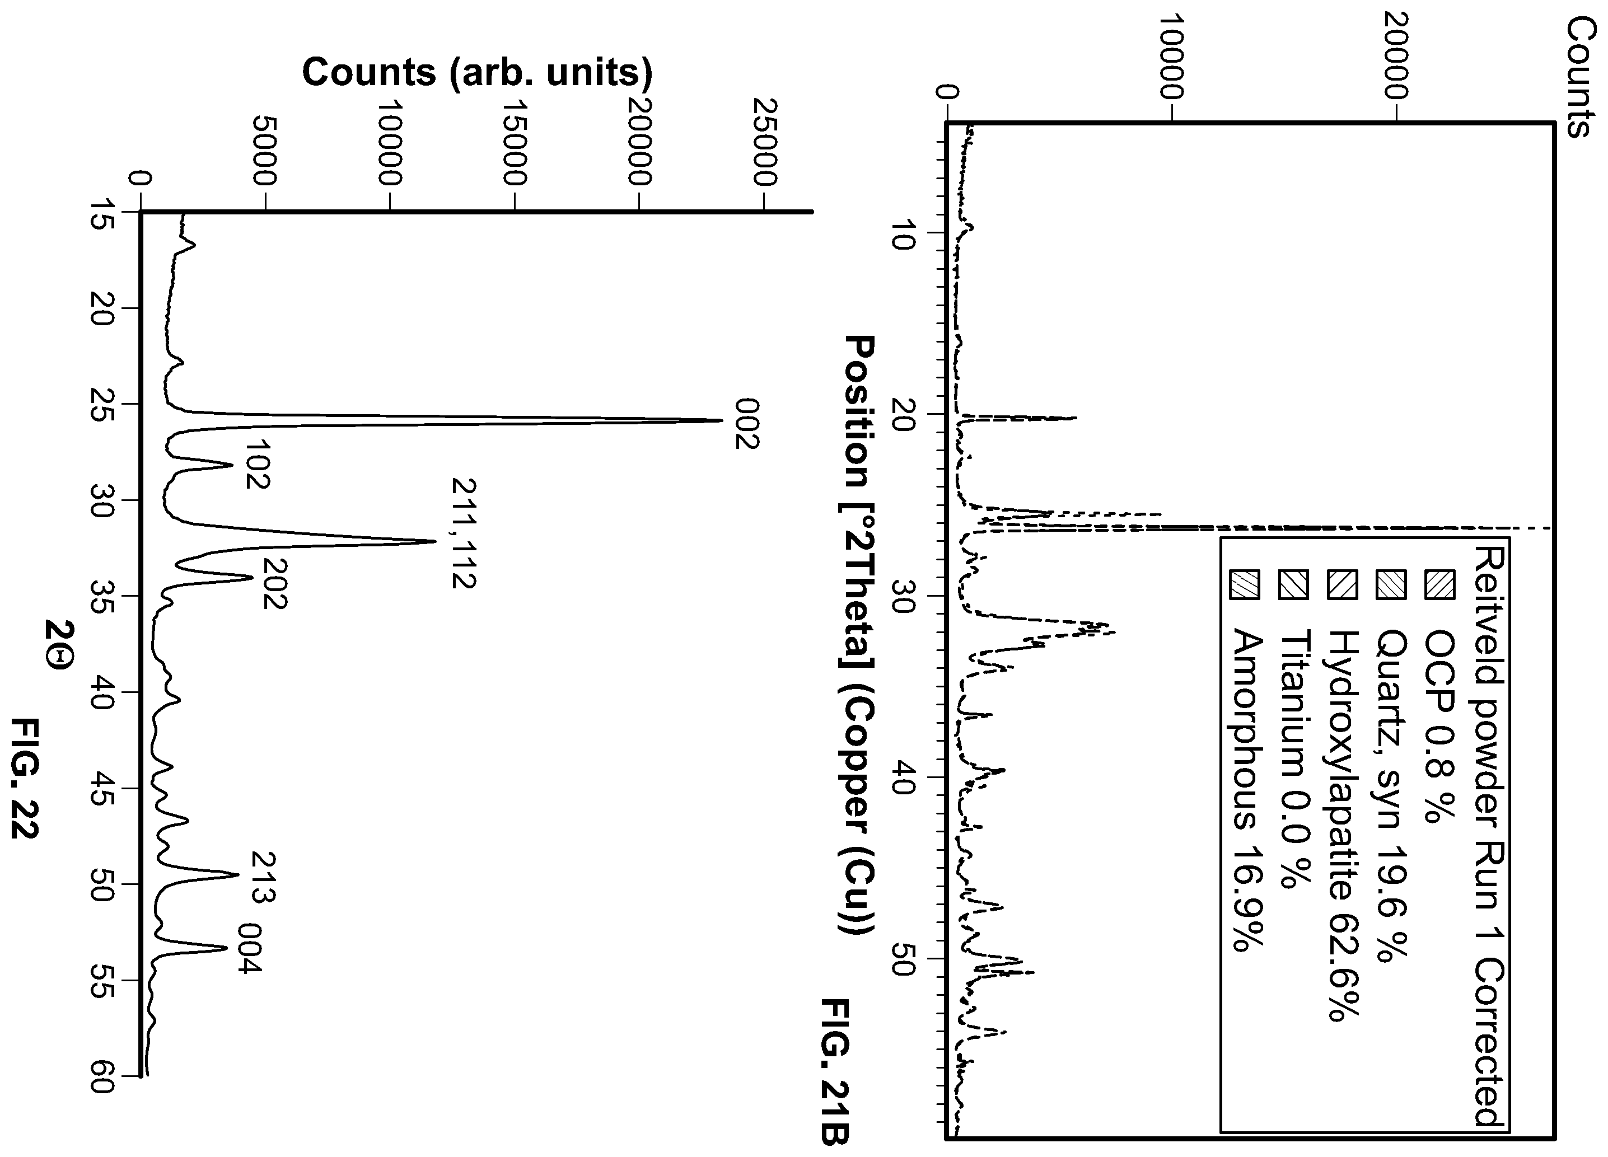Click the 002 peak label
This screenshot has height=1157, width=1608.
746,423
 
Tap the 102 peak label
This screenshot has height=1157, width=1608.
258,465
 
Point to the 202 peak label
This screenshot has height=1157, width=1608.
274,584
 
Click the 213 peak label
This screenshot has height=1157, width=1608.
263,877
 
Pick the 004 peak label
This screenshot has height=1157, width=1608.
250,949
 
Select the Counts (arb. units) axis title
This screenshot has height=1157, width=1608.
477,73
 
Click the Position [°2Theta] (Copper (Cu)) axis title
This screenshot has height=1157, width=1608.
860,635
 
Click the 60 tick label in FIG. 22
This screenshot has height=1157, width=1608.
103,1076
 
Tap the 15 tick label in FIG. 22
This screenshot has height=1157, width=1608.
103,212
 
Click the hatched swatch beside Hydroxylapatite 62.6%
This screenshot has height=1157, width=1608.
1343,585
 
